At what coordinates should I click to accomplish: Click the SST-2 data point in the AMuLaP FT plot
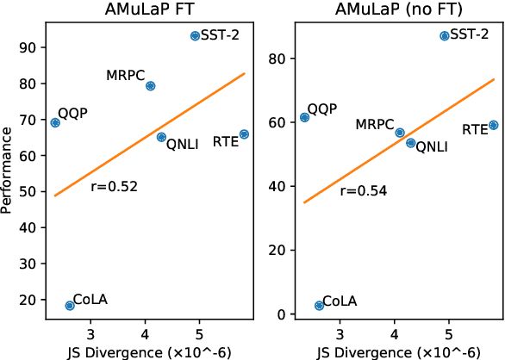(195, 36)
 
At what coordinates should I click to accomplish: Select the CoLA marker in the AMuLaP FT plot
(70, 306)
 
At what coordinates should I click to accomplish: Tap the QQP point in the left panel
(55, 122)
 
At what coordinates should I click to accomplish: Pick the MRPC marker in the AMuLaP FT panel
(150, 86)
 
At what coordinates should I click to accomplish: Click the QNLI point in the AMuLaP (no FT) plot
(411, 143)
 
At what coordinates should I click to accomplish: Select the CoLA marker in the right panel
(319, 306)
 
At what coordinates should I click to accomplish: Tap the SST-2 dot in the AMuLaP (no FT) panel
(445, 36)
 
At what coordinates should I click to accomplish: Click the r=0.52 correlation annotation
(115, 185)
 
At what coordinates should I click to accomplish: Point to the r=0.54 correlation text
(364, 191)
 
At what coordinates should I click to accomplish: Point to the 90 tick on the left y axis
(28, 47)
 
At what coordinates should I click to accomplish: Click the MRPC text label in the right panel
(375, 126)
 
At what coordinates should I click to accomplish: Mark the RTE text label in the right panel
(475, 130)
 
